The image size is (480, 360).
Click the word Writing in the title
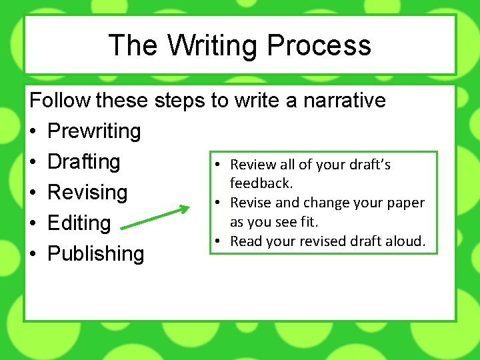coord(212,46)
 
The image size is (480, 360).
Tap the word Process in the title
coord(319,46)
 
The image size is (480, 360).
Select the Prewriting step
coord(94,131)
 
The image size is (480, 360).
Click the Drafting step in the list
coord(84,162)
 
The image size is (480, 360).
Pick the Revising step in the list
coord(87,193)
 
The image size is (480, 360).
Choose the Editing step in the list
coord(79,223)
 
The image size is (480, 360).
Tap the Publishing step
coord(96,254)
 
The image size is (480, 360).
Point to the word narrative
coord(345,101)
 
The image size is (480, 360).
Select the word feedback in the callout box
coord(261,183)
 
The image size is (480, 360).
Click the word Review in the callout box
coord(252,165)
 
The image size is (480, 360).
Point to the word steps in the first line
coord(181,101)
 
